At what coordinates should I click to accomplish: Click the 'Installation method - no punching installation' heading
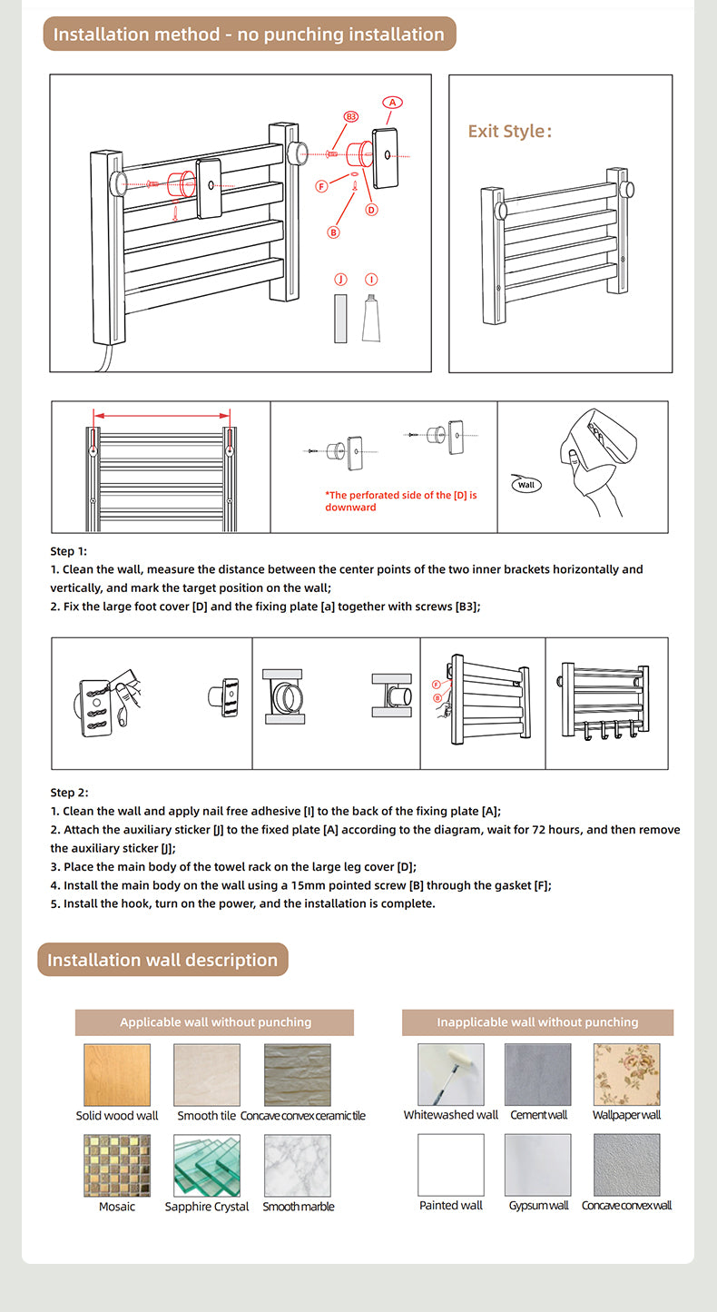pos(249,35)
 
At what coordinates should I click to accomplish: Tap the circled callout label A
pos(392,103)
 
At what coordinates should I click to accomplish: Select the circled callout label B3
pos(351,117)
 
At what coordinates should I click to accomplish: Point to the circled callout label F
pos(321,186)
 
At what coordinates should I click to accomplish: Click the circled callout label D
pos(371,210)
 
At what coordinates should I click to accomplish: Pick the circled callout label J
pos(340,279)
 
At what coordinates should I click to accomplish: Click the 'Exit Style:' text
pos(509,131)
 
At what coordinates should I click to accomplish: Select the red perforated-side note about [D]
pos(400,501)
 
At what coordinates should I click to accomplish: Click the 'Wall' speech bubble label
pos(526,485)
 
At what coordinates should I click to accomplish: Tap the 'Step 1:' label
pos(69,551)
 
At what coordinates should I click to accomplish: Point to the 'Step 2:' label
pos(69,793)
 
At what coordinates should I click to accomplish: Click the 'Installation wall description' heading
pos(162,960)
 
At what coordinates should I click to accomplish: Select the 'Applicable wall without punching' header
pos(215,1022)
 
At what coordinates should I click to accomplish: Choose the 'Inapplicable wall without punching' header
pos(537,1022)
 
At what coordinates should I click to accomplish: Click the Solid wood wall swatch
pos(117,1074)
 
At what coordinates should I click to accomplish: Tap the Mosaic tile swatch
pos(117,1165)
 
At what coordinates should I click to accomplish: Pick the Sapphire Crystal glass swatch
pos(207,1165)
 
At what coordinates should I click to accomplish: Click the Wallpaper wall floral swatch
pos(626,1074)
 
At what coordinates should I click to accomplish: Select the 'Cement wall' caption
pos(538,1115)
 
